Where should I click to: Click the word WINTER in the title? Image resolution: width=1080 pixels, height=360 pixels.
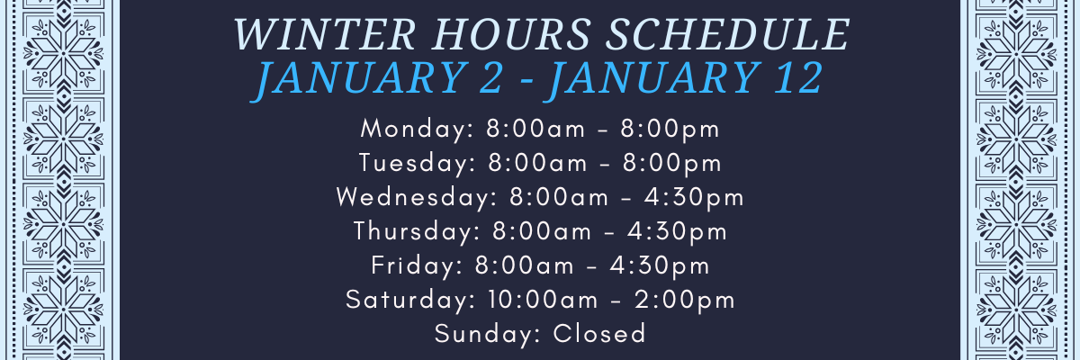(325, 34)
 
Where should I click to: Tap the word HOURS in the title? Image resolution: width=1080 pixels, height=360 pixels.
(511, 34)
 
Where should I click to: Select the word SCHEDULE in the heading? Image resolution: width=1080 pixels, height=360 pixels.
(727, 34)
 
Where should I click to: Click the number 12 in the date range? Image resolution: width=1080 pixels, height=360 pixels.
(798, 77)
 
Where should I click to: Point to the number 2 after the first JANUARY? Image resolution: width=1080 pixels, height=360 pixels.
(490, 77)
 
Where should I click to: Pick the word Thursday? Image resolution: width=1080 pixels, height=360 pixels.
(417, 231)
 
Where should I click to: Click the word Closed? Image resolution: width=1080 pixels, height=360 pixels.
(599, 334)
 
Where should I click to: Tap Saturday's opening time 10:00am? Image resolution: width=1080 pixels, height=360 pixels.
(543, 300)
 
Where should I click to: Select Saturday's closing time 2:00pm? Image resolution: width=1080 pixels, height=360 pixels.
(685, 301)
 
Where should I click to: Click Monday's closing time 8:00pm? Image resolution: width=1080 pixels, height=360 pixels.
(670, 130)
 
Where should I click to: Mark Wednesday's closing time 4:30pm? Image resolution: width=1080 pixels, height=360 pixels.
(694, 198)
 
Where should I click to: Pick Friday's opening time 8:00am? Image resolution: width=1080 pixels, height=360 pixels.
(524, 265)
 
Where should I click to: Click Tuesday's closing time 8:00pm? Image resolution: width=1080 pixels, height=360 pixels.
(672, 164)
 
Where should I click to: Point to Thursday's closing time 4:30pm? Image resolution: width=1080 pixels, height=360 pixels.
(677, 232)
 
